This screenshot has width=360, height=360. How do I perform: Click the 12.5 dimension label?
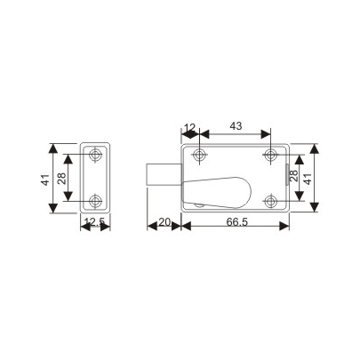tap(94, 222)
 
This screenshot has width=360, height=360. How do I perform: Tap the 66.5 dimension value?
tap(236, 221)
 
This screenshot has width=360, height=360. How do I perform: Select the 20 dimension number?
tap(164, 221)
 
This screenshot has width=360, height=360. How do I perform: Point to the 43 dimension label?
tap(235, 126)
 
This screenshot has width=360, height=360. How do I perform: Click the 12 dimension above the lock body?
tap(188, 126)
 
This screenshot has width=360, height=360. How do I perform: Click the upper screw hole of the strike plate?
tap(96, 156)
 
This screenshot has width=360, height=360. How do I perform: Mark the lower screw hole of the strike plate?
tap(96, 198)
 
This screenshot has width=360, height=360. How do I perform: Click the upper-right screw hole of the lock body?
tap(269, 156)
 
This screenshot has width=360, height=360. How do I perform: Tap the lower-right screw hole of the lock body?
tap(269, 198)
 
